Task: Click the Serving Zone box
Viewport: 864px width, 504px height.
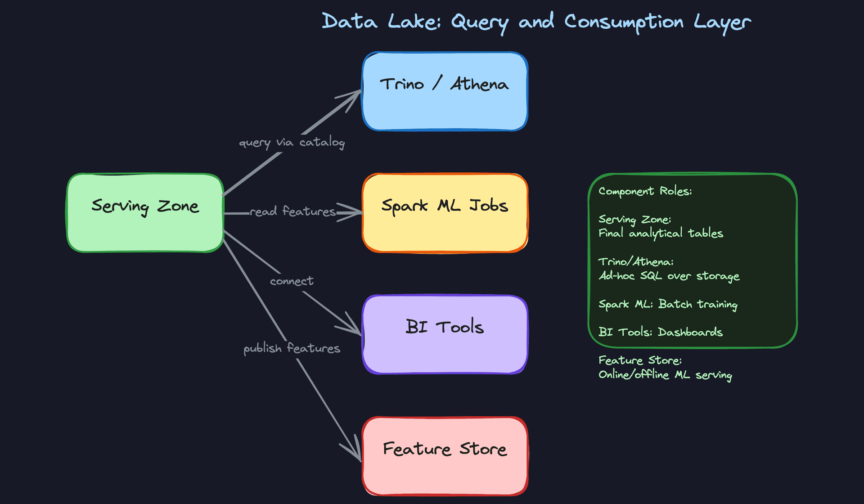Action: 145,212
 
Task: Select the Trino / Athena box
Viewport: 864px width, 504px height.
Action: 445,91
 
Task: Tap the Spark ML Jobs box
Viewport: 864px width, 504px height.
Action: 445,212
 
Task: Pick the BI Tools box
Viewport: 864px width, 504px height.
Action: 445,334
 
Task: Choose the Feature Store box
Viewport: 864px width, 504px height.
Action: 445,456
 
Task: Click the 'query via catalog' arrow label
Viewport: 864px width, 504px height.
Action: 292,143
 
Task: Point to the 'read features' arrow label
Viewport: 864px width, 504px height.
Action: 292,211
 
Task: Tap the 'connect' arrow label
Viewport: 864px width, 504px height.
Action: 292,281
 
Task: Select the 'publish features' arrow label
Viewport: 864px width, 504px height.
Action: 292,348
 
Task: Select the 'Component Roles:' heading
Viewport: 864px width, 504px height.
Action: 645,191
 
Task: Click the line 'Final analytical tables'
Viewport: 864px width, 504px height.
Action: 661,233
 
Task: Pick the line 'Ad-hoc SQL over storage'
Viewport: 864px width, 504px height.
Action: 669,276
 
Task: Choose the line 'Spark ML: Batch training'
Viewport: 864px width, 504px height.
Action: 668,305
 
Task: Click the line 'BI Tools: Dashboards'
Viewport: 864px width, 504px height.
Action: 660,332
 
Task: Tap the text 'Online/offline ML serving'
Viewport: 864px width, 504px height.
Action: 665,375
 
